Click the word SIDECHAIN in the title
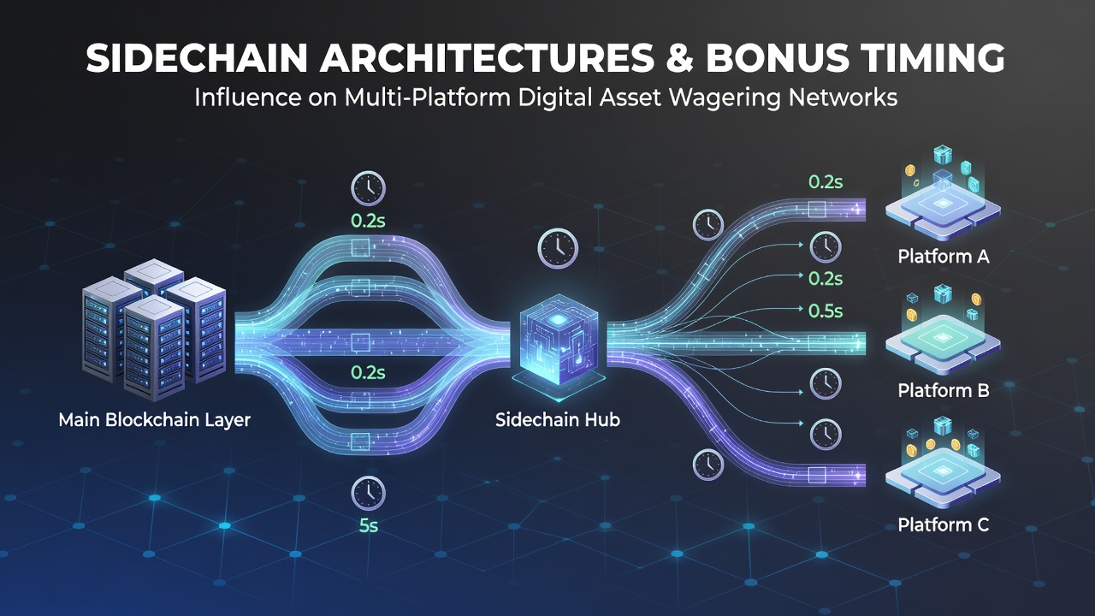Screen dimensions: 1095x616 point(197,58)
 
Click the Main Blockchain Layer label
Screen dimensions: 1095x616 point(155,420)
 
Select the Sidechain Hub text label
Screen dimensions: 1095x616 point(558,419)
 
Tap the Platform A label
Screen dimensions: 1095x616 point(944,257)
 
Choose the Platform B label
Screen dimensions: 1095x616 point(944,391)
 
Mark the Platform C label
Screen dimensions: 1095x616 point(944,525)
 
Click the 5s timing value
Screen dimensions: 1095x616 point(369,525)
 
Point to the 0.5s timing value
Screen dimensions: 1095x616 point(826,311)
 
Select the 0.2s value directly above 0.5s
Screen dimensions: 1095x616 point(826,279)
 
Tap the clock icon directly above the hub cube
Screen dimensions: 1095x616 point(558,248)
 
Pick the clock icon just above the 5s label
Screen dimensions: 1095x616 point(368,494)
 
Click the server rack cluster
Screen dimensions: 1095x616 point(154,330)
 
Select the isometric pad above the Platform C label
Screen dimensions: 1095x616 point(943,477)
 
